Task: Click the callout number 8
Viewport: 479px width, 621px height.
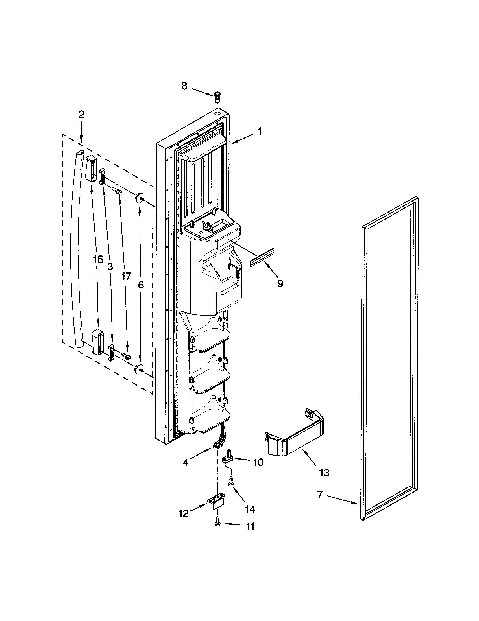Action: tap(184, 86)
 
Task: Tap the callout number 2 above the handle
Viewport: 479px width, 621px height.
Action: tap(81, 115)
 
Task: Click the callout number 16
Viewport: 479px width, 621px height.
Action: tap(97, 260)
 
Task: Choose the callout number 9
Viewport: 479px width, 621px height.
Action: tap(280, 283)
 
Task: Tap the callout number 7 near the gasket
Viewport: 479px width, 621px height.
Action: tap(320, 495)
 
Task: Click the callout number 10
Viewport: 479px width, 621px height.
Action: tap(258, 463)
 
